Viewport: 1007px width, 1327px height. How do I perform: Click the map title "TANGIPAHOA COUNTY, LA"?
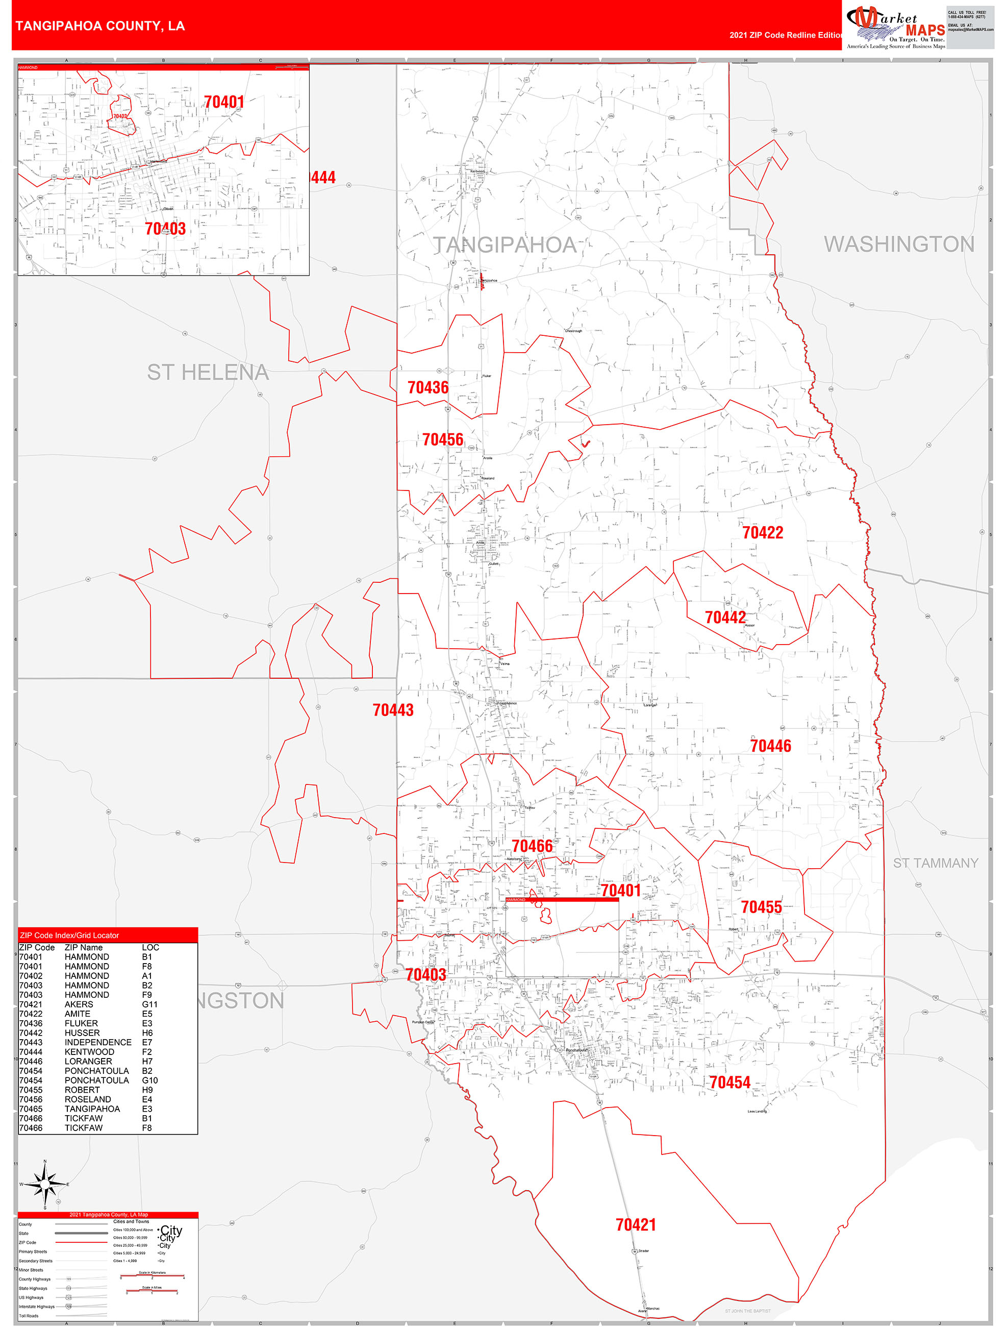[x=100, y=26]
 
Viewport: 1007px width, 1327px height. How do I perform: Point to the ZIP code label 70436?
[x=427, y=387]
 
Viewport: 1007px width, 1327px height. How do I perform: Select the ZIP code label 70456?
[x=443, y=440]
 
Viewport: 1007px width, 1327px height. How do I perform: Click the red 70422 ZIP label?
[x=762, y=533]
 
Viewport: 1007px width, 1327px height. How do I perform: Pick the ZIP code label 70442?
[x=725, y=617]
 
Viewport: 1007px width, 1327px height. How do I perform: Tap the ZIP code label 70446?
[x=770, y=746]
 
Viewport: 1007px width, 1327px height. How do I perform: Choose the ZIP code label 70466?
[x=532, y=846]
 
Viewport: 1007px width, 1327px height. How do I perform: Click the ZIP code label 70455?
[x=761, y=907]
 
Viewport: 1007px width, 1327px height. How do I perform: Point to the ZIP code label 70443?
[x=393, y=710]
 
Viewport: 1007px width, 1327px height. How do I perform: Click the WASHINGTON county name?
[x=898, y=244]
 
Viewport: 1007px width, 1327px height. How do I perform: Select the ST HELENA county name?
[x=208, y=373]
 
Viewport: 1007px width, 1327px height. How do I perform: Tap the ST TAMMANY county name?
[x=935, y=863]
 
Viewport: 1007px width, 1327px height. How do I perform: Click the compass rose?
[x=45, y=1184]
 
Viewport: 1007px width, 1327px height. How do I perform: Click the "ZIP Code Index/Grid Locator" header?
[x=69, y=935]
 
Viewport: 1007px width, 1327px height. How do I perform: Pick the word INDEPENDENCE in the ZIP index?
[x=98, y=1042]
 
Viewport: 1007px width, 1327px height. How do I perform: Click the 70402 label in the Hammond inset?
[x=120, y=116]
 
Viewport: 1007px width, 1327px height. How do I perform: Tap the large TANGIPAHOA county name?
[x=505, y=245]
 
